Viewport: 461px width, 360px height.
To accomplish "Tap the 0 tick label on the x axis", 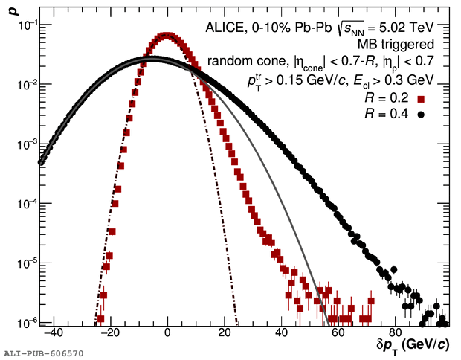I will tap(168, 335).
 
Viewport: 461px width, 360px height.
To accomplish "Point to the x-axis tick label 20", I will tap(225, 335).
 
